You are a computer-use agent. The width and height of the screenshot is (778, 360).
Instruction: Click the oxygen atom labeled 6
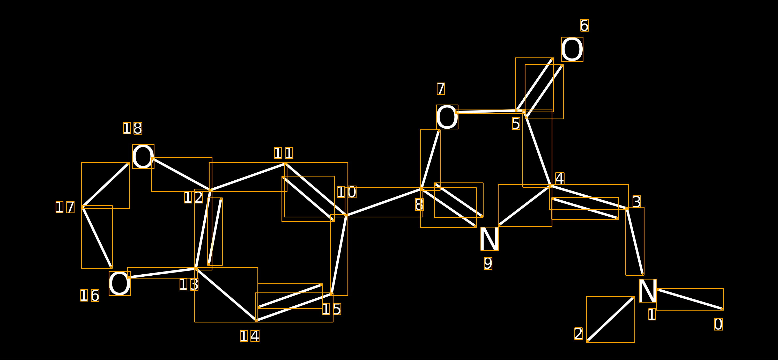[x=572, y=49]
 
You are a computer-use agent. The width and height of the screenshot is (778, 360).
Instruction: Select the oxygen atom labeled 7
[x=447, y=117]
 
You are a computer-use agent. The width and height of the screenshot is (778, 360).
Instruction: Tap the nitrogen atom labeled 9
[x=490, y=239]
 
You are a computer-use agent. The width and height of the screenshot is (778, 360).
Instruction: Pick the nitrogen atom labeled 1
[x=648, y=291]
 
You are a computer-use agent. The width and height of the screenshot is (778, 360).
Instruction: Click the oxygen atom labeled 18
[x=143, y=156]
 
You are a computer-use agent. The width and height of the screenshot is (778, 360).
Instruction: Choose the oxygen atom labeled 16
[x=120, y=284]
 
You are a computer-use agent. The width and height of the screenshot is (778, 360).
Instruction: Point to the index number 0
[x=718, y=324]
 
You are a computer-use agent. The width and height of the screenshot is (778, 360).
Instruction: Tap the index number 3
[x=637, y=202]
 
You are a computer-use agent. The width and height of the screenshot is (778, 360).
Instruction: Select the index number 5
[x=516, y=123]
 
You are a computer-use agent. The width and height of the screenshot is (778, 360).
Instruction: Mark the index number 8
[x=419, y=204]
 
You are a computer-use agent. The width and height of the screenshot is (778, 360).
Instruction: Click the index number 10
[x=347, y=192]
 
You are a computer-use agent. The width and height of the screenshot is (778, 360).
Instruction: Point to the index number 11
[x=284, y=153]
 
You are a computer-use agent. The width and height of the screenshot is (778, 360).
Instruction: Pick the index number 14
[x=250, y=336]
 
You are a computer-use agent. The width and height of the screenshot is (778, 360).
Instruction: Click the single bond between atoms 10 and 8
[x=384, y=202]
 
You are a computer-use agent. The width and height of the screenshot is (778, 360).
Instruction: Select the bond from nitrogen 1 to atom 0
[x=690, y=299]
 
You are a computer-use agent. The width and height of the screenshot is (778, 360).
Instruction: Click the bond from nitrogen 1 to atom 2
[x=610, y=319]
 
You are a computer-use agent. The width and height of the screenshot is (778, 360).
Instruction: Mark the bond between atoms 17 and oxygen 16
[x=97, y=237]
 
